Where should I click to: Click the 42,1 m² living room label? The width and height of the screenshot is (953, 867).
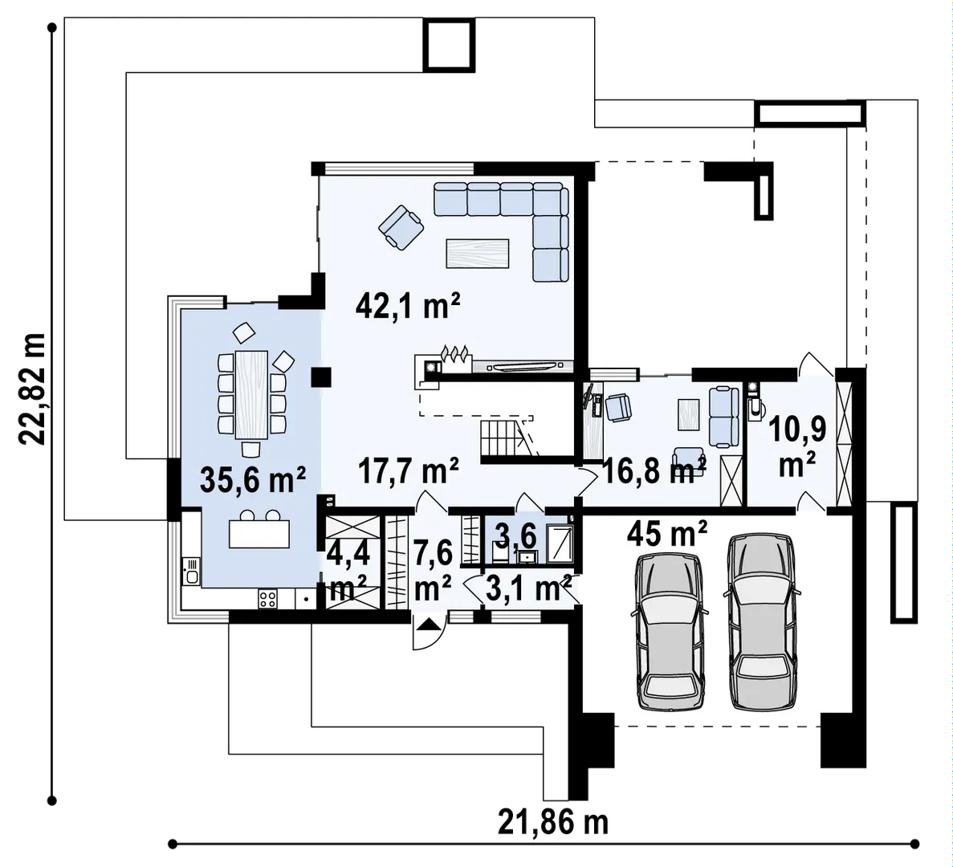coord(407,307)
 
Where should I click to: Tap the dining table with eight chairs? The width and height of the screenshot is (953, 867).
coord(251,394)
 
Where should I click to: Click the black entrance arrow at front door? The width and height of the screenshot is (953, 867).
coord(428,623)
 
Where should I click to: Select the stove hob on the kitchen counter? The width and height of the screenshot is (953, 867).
coord(267,598)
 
